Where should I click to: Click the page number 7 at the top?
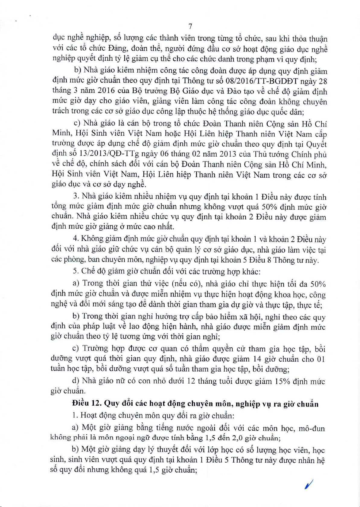pos(190,27)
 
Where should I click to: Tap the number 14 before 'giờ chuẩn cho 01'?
pos(257,359)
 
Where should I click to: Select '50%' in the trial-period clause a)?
pos(318,284)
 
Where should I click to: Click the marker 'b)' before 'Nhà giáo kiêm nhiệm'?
pos(78,70)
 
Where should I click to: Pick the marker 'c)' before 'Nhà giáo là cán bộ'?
pos(77,123)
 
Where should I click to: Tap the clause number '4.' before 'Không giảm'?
pos(76,239)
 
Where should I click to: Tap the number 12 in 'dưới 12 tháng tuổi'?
pos(191,381)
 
